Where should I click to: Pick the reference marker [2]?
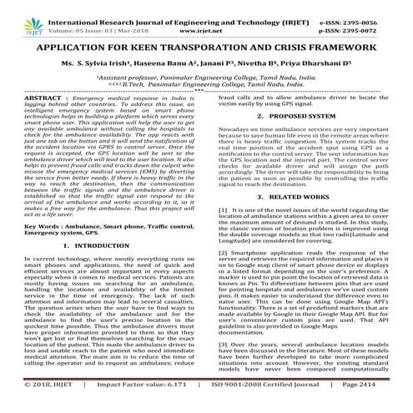click(222, 274)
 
